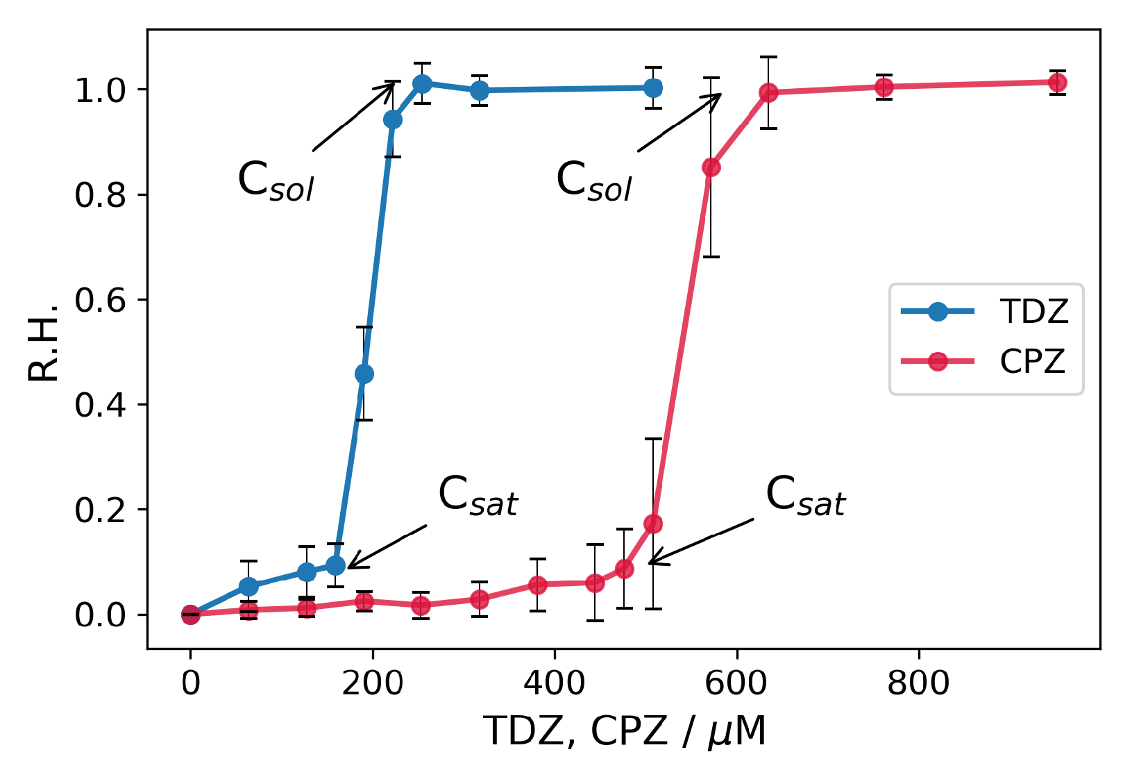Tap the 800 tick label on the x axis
918,683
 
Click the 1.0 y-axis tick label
101,90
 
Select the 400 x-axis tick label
554,683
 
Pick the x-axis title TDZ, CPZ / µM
625,731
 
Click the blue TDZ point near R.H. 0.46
364,374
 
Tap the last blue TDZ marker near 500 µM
653,87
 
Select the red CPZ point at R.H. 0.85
711,167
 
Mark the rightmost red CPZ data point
1057,83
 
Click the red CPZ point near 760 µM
884,87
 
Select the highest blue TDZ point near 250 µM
422,84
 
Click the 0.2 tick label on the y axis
101,510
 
